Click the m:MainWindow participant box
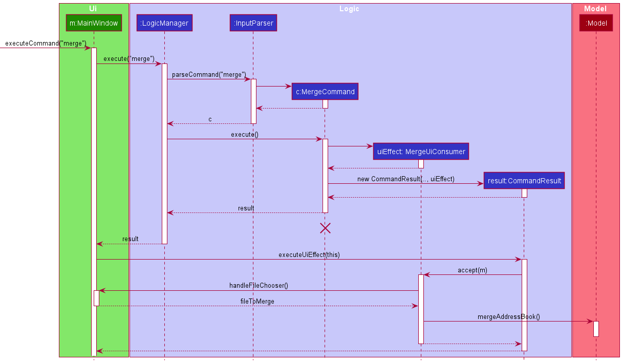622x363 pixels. click(x=94, y=23)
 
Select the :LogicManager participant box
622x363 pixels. click(x=164, y=23)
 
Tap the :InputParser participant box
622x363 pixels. click(x=253, y=23)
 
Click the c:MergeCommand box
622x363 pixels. click(x=325, y=92)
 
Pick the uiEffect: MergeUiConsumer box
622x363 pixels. click(x=421, y=152)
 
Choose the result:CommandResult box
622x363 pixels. click(x=524, y=180)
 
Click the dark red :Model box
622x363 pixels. click(x=596, y=23)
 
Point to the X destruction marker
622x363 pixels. click(x=325, y=228)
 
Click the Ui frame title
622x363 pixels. click(x=93, y=9)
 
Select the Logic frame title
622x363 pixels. click(x=349, y=9)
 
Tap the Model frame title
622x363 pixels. click(x=595, y=9)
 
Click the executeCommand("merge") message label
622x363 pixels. click(x=46, y=44)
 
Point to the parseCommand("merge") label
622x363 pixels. click(x=209, y=75)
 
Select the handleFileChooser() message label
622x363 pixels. click(x=259, y=286)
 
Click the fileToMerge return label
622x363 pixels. click(x=257, y=302)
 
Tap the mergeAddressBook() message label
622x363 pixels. click(x=508, y=317)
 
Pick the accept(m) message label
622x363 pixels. click(x=472, y=270)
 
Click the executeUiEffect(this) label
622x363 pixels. click(x=309, y=255)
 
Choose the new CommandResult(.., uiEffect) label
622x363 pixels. click(x=405, y=179)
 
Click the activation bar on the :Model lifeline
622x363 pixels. click(x=596, y=329)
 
